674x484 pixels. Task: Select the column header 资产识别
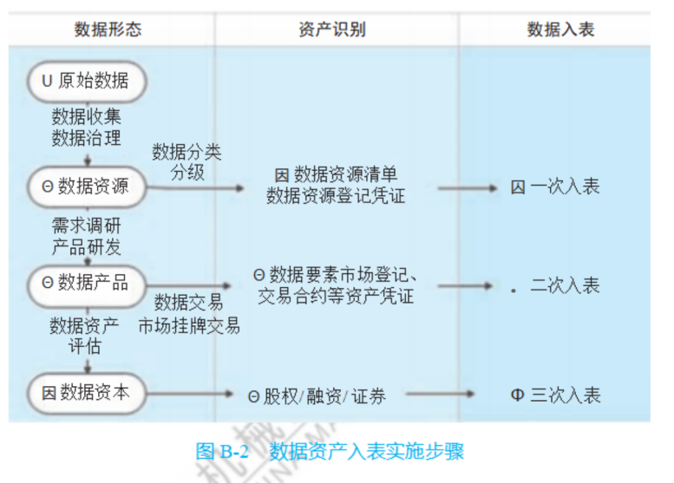tap(337, 29)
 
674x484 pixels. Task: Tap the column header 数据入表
tap(560, 29)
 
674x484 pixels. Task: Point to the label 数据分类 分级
tap(186, 162)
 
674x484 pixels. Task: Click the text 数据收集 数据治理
tap(86, 127)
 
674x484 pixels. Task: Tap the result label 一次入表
tap(564, 186)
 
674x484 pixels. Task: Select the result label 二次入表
tap(564, 286)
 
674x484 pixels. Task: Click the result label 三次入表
tap(565, 396)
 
